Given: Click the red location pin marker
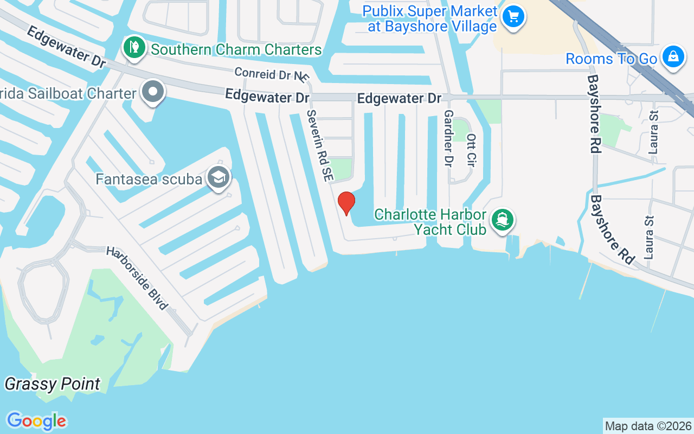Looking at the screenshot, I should pyautogui.click(x=346, y=203).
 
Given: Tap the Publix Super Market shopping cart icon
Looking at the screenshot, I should pyautogui.click(x=513, y=16).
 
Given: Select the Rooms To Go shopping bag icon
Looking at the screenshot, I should pyautogui.click(x=673, y=56).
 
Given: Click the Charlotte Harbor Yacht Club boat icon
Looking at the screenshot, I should pyautogui.click(x=503, y=220).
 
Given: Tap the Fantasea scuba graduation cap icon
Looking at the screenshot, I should pyautogui.click(x=219, y=178).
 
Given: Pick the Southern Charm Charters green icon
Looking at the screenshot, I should pyautogui.click(x=134, y=48).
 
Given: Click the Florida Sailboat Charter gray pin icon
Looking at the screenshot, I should pyautogui.click(x=153, y=92).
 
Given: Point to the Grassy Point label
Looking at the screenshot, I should pyautogui.click(x=53, y=384).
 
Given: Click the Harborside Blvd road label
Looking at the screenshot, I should pyautogui.click(x=136, y=278).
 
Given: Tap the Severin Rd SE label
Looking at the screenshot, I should pyautogui.click(x=320, y=145).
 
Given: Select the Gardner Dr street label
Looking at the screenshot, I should pyautogui.click(x=448, y=138).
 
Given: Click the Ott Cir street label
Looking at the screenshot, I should pyautogui.click(x=471, y=150).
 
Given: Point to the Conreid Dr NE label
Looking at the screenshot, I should pyautogui.click(x=271, y=73).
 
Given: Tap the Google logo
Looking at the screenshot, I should pyautogui.click(x=36, y=421).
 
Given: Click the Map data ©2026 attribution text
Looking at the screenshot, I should pyautogui.click(x=648, y=426).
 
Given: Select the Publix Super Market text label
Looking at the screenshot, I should pyautogui.click(x=431, y=18).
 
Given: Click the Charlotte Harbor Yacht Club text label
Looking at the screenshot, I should pyautogui.click(x=431, y=222).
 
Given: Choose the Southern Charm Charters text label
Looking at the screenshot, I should pyautogui.click(x=236, y=49).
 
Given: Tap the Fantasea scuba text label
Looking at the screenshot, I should pyautogui.click(x=149, y=179).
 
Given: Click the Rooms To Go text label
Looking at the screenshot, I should pyautogui.click(x=611, y=59).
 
